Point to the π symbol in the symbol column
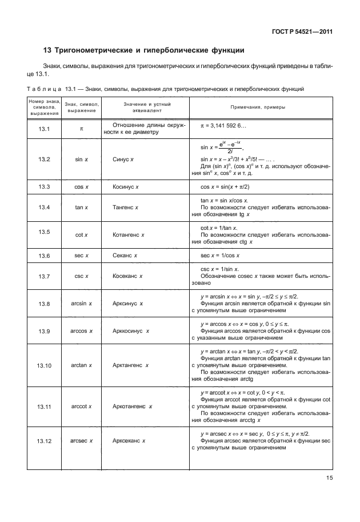(82, 129)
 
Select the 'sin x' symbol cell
(82, 160)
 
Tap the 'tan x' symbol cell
(82, 207)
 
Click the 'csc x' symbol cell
(82, 276)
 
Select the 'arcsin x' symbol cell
(82, 304)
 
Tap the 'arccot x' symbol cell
(82, 407)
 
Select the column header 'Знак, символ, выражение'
(82, 107)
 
